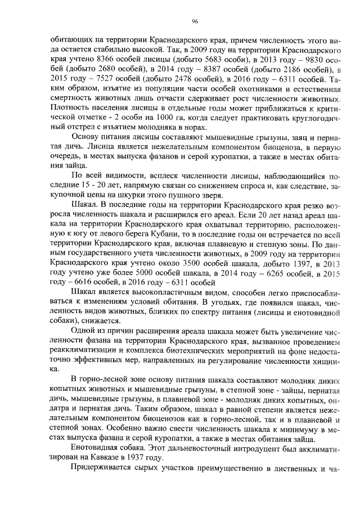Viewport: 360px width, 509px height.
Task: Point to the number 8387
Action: pyautogui.click(x=193, y=70)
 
